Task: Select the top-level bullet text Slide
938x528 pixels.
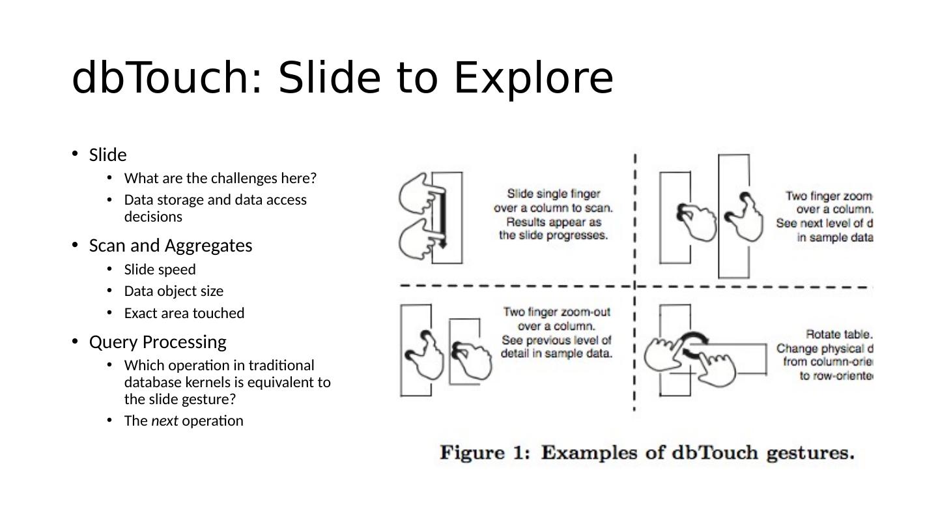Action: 107,155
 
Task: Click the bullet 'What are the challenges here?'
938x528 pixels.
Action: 220,178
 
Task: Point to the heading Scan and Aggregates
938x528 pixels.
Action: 170,246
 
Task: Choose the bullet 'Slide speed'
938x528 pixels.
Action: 160,269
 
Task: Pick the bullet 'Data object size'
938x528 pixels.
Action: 173,291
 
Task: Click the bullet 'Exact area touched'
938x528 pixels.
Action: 184,314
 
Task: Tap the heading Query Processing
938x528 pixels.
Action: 157,342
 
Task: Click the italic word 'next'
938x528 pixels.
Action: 164,421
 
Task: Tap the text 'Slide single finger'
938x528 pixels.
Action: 553,194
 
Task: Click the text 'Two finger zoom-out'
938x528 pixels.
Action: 556,312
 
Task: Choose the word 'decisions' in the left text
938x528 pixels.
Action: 153,216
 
